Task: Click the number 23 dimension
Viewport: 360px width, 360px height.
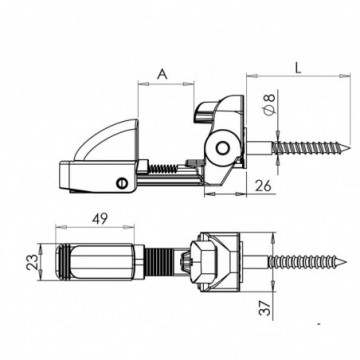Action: click(30, 265)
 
